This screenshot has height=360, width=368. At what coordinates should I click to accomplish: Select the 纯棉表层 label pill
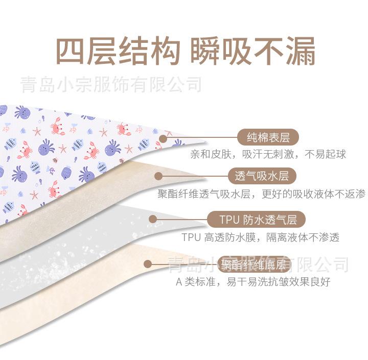pyautogui.click(x=268, y=137)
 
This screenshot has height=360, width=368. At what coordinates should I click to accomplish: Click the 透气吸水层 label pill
pyautogui.click(x=262, y=177)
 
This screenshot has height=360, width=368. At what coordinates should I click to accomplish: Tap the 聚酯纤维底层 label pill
pyautogui.click(x=252, y=264)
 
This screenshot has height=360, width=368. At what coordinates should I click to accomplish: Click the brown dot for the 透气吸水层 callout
pyautogui.click(x=158, y=176)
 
